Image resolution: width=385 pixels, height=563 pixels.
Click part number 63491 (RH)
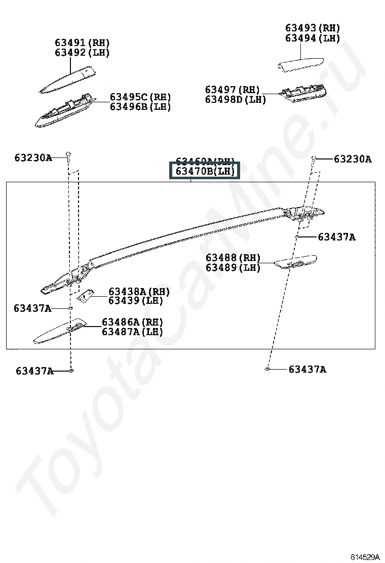(82, 43)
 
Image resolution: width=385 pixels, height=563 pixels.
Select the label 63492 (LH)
(82, 53)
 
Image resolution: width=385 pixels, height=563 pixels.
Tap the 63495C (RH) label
(140, 97)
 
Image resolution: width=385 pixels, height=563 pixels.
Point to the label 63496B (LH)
(140, 107)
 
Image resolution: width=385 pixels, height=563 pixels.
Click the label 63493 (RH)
(312, 28)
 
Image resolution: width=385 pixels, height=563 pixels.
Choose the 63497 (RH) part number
(232, 90)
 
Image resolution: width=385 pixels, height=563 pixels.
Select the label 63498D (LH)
(235, 100)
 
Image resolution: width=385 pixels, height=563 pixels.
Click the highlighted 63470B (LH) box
(205, 171)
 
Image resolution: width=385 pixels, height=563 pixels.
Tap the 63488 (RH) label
(233, 258)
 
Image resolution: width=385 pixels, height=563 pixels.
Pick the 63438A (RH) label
(139, 292)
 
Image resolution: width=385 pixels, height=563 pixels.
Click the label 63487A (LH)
(132, 332)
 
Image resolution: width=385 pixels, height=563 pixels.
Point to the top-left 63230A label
(33, 157)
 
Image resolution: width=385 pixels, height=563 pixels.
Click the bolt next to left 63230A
(67, 154)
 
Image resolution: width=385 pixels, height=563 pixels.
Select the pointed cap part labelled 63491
(68, 78)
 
